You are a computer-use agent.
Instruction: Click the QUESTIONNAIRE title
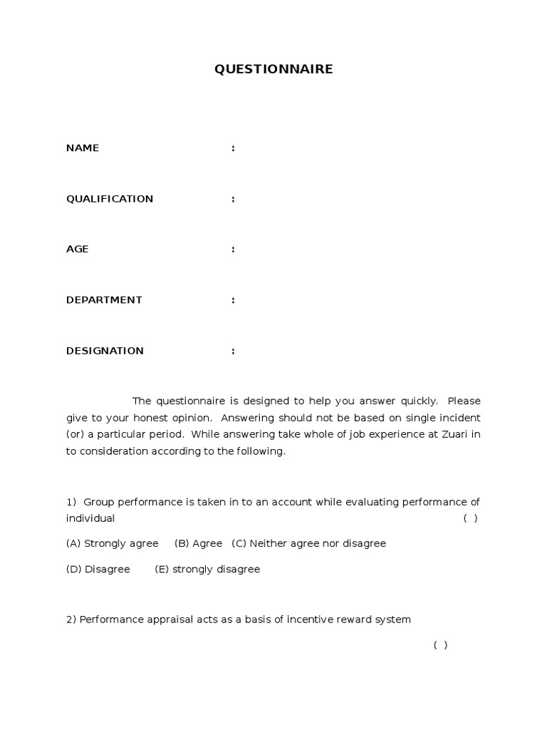[x=274, y=69]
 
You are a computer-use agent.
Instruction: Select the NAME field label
[x=83, y=148]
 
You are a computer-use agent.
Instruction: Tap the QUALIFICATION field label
[x=110, y=199]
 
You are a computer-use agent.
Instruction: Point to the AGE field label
[x=78, y=250]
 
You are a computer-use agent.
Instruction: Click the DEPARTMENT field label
[x=104, y=300]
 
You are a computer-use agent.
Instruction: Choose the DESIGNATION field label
[x=105, y=351]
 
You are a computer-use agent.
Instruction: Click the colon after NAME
[x=233, y=148]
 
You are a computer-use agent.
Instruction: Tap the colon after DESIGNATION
[x=233, y=351]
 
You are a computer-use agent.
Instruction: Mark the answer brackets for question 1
[x=470, y=518]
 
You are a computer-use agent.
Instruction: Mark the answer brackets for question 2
[x=440, y=645]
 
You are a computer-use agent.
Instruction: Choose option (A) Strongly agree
[x=113, y=544]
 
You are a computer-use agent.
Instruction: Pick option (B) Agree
[x=199, y=544]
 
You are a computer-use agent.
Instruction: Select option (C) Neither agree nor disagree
[x=309, y=544]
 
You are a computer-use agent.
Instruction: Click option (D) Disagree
[x=98, y=570]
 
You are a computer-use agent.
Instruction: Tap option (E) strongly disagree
[x=207, y=570]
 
